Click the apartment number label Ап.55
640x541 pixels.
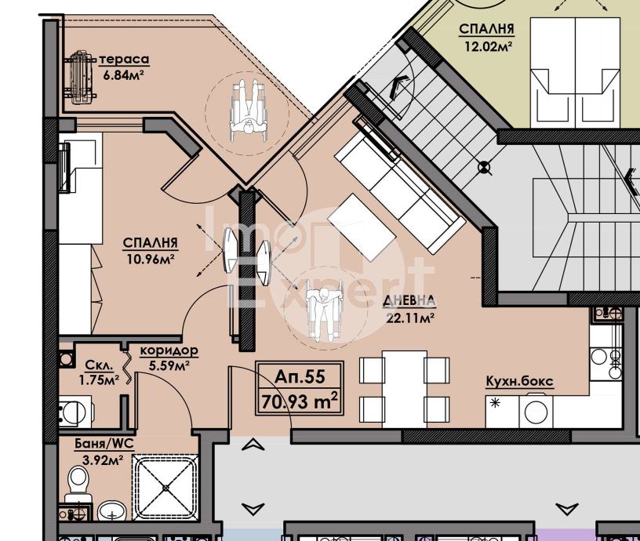coord(300,376)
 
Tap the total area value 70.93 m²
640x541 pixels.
coord(300,401)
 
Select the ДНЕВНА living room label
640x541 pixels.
coord(409,301)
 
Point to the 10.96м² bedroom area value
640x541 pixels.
coord(151,259)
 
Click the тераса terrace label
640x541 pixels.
coord(124,60)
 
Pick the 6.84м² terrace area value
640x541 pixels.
coord(124,75)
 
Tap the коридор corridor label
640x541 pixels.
coord(169,350)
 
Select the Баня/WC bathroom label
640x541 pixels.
coord(104,444)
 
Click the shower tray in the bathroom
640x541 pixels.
coord(165,488)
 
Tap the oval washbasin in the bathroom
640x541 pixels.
coord(112,510)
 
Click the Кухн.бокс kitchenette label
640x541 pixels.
coord(519,381)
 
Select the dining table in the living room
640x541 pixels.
coord(405,389)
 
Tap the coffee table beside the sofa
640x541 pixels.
coord(362,227)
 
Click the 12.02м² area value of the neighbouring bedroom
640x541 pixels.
coord(488,45)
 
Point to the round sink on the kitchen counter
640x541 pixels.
coord(536,412)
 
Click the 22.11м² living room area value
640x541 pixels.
coord(409,317)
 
